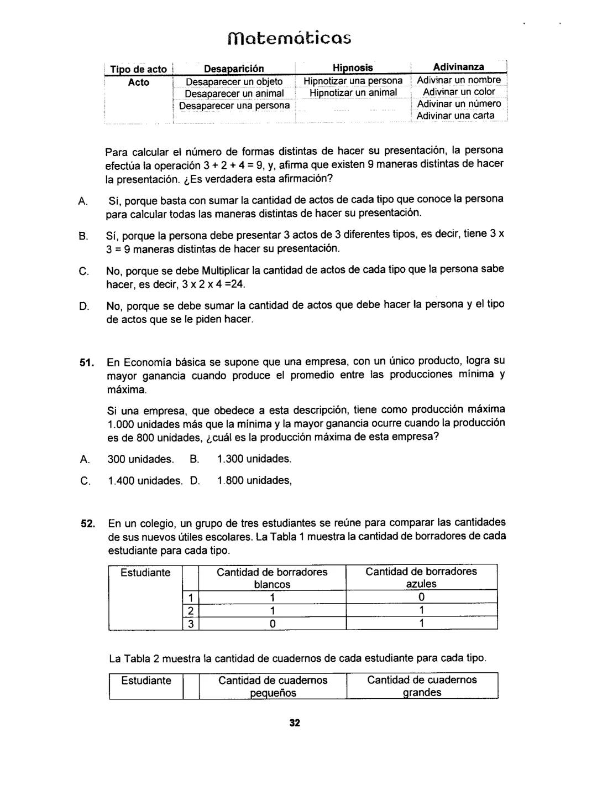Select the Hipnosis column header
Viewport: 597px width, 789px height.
click(353, 68)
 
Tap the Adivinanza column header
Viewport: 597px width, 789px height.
click(458, 68)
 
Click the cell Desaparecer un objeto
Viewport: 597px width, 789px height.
click(234, 82)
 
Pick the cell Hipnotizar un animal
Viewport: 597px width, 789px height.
click(353, 93)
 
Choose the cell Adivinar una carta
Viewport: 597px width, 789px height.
click(455, 116)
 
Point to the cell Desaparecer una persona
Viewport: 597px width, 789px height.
click(234, 105)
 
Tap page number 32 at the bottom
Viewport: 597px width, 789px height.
click(294, 723)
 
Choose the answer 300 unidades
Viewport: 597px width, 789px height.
click(140, 459)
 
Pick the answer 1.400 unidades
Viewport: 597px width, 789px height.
click(144, 481)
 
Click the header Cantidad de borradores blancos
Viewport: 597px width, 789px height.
click(272, 578)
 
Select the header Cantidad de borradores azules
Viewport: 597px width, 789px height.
click(421, 578)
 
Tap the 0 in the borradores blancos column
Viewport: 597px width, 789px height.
click(272, 624)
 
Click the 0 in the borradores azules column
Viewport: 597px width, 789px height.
click(421, 598)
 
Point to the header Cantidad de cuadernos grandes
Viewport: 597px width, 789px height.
click(422, 686)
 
